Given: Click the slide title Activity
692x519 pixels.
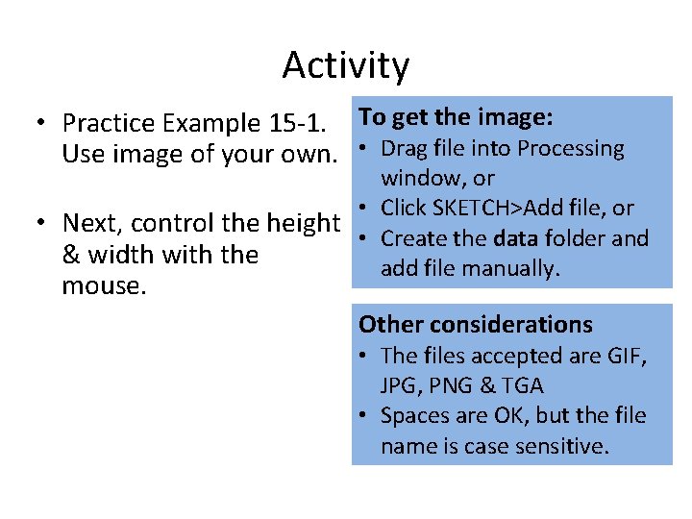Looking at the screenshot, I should tap(346, 65).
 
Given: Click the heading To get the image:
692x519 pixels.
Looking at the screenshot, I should tap(456, 117).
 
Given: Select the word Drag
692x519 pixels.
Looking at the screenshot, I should tap(404, 149).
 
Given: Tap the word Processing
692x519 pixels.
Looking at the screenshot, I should tap(571, 149).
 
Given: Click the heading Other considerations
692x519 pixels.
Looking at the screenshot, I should tap(475, 325).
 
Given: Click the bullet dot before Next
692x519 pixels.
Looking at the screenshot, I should tap(37, 223).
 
